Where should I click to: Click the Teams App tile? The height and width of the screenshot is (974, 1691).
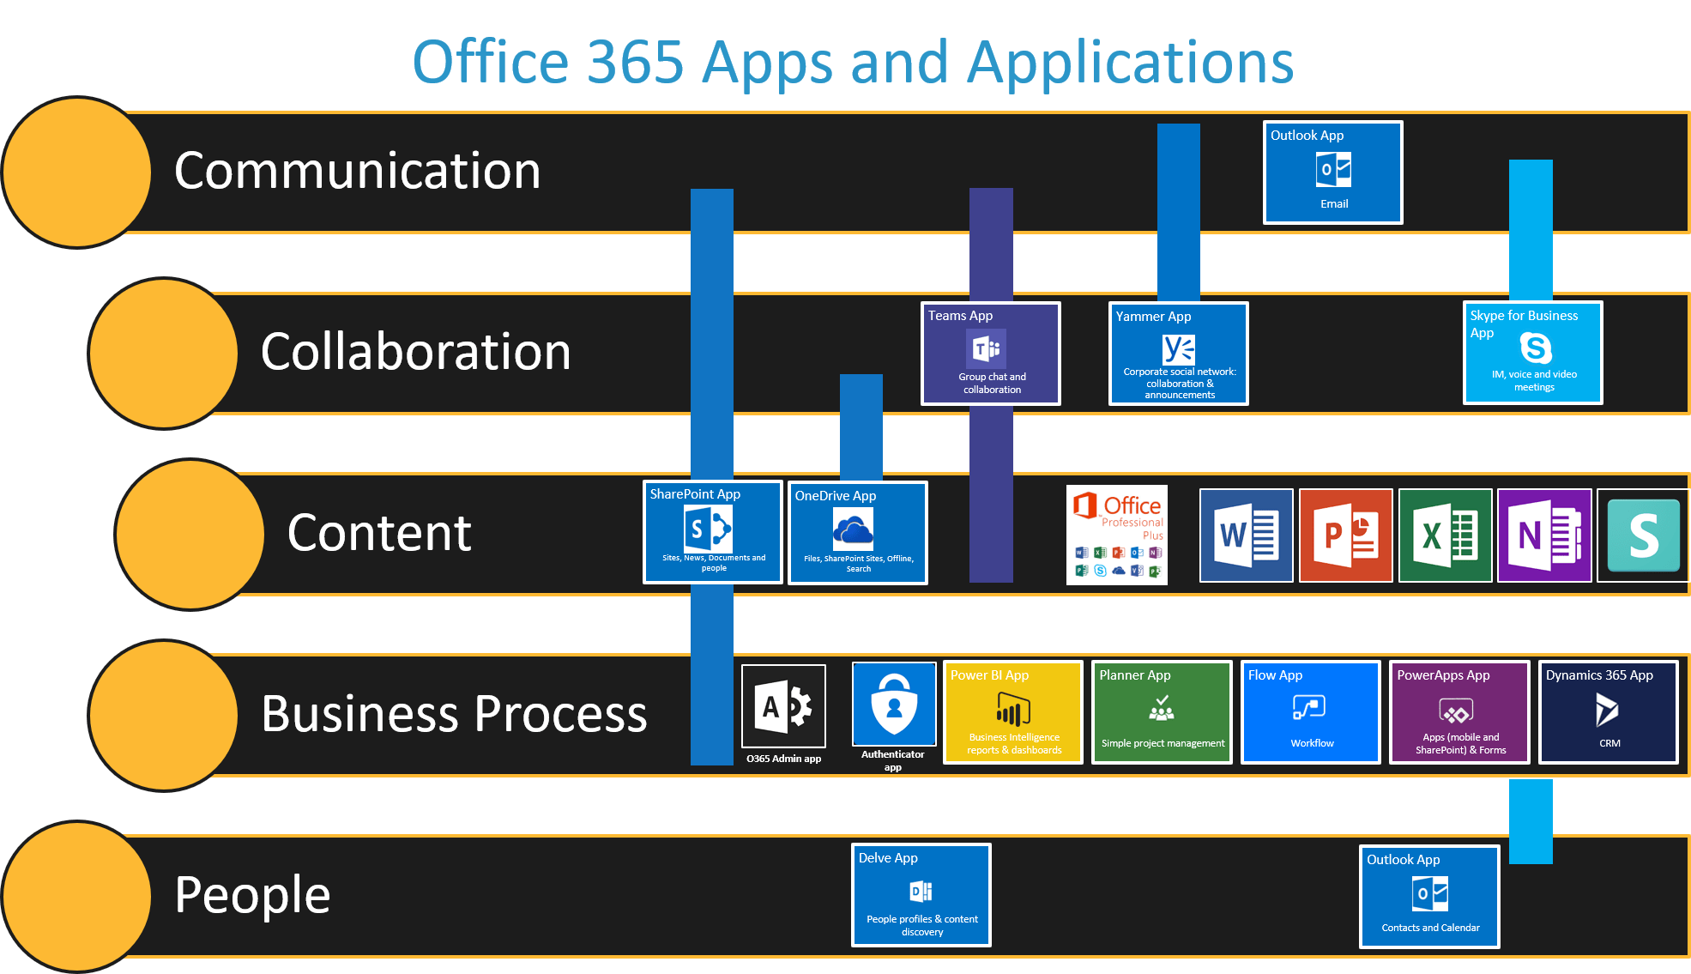click(990, 353)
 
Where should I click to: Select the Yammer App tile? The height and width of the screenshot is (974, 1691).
click(1178, 353)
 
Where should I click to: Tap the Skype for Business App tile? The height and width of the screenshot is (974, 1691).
click(1532, 352)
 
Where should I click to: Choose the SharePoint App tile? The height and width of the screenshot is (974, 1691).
click(712, 532)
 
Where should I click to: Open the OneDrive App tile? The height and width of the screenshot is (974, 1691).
click(857, 533)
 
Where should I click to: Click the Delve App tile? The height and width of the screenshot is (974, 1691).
click(921, 894)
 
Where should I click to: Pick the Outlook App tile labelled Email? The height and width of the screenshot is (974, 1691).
click(1332, 172)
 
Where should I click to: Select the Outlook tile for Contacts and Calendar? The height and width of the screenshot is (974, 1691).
click(1429, 896)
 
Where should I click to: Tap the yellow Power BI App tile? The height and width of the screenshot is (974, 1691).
click(1013, 711)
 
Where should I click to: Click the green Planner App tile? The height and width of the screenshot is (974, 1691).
click(1162, 711)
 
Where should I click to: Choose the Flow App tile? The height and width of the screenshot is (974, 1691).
click(1310, 711)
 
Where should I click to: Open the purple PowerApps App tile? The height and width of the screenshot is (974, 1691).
click(1458, 711)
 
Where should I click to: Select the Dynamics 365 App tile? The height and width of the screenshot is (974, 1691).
click(1608, 711)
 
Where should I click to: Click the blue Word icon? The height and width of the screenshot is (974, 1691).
click(1246, 535)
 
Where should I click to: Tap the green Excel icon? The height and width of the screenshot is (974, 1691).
click(1445, 535)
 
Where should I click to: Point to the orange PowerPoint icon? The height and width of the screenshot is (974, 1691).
click(1345, 535)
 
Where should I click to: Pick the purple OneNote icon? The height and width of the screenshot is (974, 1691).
click(1544, 535)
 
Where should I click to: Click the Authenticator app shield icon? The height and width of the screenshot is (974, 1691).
click(894, 704)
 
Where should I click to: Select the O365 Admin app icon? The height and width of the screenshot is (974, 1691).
click(783, 706)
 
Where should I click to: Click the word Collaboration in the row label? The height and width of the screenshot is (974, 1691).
click(415, 352)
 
